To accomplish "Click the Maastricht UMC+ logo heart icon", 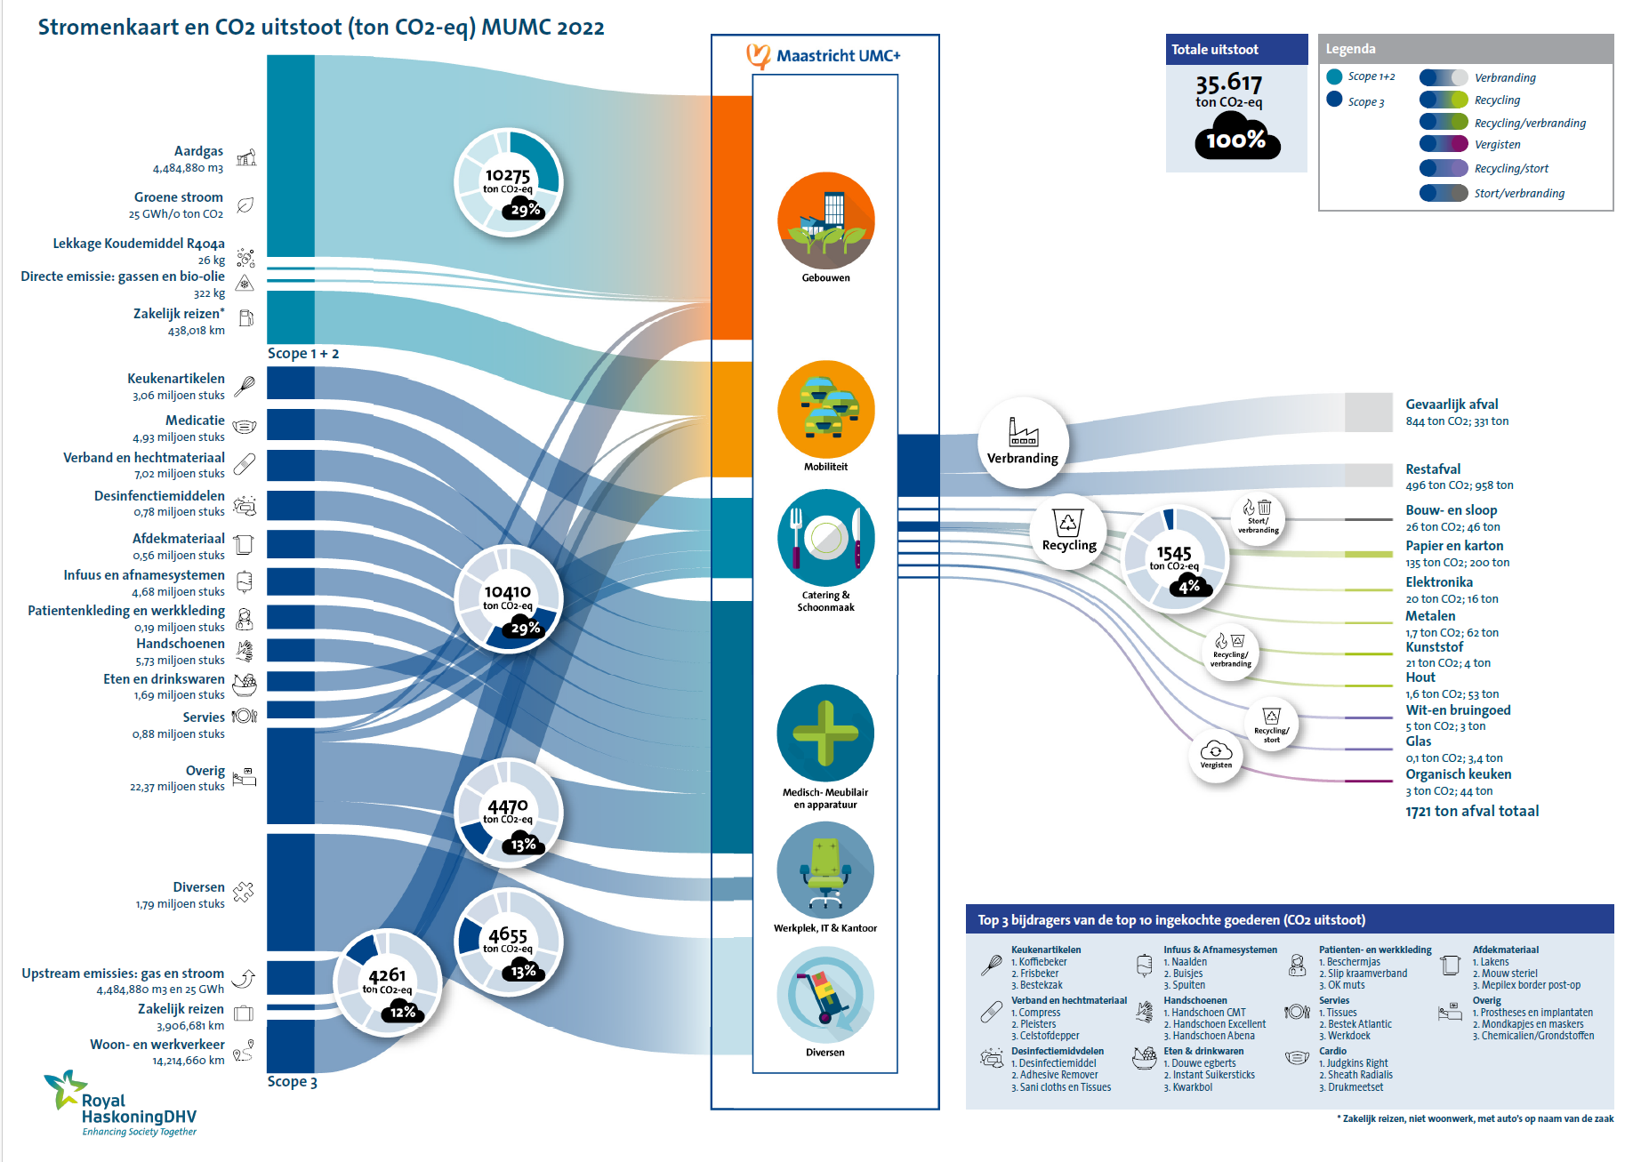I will (x=758, y=56).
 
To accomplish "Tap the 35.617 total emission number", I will (x=1228, y=84).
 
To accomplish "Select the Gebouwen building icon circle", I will (x=825, y=220).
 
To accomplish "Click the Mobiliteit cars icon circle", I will (x=825, y=409).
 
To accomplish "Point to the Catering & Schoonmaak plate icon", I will (x=825, y=538).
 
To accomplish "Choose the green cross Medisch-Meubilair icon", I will (x=825, y=733).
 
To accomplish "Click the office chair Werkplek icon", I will (x=825, y=869).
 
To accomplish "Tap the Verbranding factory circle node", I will (x=1023, y=442).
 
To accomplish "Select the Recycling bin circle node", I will (x=1068, y=531).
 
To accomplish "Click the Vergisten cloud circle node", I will (x=1216, y=755).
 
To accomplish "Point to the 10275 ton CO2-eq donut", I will (x=508, y=182).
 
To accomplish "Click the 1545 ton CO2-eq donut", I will (x=1174, y=559).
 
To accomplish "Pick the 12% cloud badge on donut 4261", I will (x=402, y=1011).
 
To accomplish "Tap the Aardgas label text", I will (x=198, y=151).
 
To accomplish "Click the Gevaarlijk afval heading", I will (x=1451, y=405).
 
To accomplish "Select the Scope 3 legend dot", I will (x=1334, y=100).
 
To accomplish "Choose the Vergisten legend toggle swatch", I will (x=1444, y=144).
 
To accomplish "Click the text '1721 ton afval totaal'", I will (x=1471, y=811).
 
